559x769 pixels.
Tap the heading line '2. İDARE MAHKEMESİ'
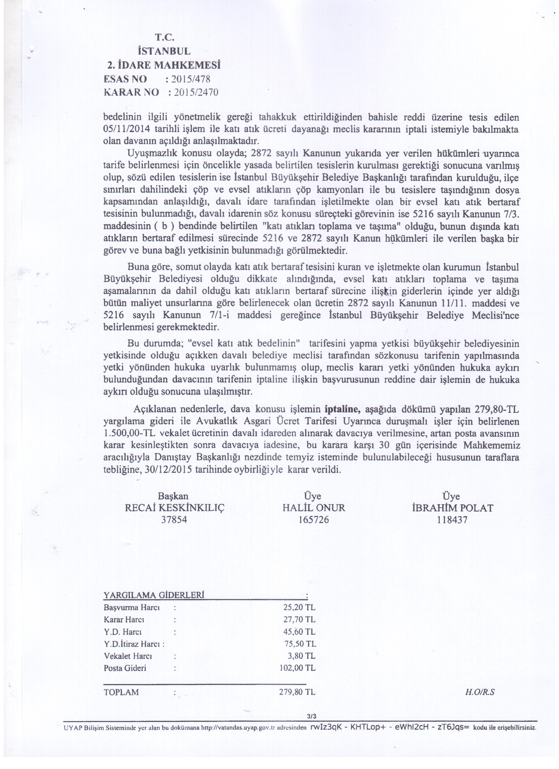coord(164,65)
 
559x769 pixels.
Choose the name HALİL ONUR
coord(314,508)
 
